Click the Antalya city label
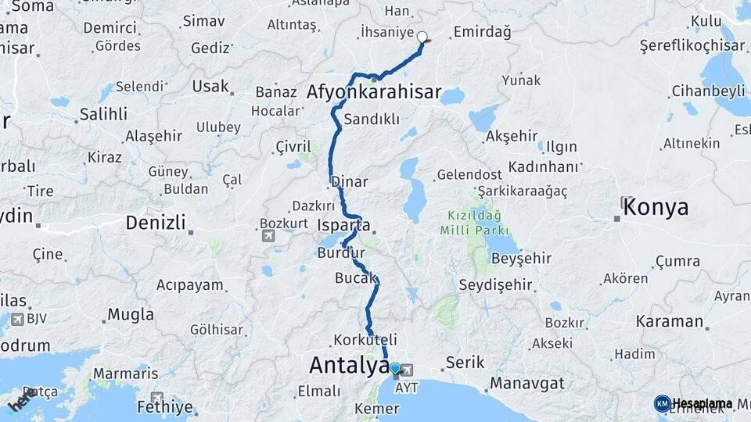(x=348, y=365)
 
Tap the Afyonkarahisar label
(x=374, y=93)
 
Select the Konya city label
(x=656, y=208)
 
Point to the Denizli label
(x=156, y=224)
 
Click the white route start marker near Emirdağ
(x=422, y=37)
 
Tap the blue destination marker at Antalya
(x=395, y=369)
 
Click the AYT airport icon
(x=407, y=370)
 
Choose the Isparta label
(x=344, y=226)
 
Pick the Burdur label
(x=341, y=253)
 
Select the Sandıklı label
(x=372, y=120)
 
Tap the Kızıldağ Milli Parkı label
(x=475, y=222)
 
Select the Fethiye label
(x=164, y=406)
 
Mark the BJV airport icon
(x=18, y=318)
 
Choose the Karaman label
(x=670, y=321)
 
